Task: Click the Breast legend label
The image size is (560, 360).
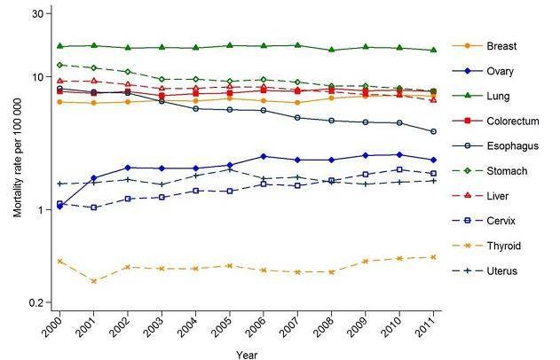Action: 501,46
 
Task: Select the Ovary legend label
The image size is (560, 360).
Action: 500,71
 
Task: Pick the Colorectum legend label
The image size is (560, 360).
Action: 510,121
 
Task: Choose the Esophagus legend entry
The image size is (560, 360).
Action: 511,145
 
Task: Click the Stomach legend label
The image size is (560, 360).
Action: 507,170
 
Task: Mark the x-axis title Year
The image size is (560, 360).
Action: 247,353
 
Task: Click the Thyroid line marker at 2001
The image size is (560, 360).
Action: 93,280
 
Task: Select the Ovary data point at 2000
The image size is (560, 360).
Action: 59,206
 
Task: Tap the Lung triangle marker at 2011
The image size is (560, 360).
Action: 433,51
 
